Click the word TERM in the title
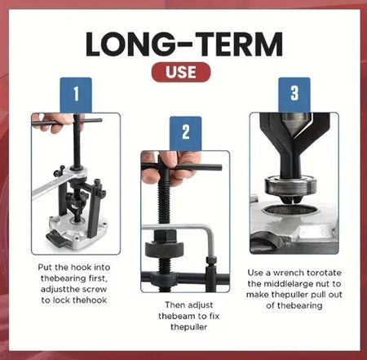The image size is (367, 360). point(239,44)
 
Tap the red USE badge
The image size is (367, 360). point(181,72)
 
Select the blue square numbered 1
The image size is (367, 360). point(76,95)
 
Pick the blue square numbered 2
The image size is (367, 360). point(186,133)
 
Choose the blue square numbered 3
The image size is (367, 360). point(294,94)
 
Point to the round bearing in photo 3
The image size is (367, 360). point(291,188)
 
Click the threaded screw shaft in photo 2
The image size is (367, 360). point(164,207)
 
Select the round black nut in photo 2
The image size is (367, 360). point(164,248)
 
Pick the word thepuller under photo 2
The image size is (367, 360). point(188,327)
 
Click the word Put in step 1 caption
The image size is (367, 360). point(45,267)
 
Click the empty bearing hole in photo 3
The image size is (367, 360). point(290,210)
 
